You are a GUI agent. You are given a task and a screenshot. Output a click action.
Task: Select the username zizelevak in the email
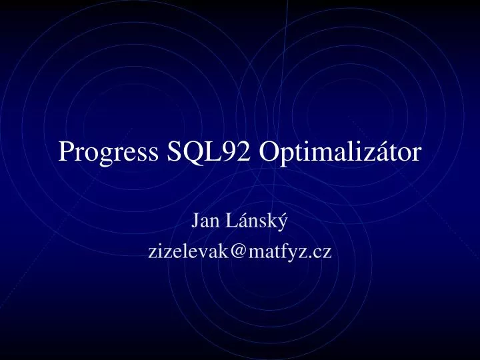point(189,251)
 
